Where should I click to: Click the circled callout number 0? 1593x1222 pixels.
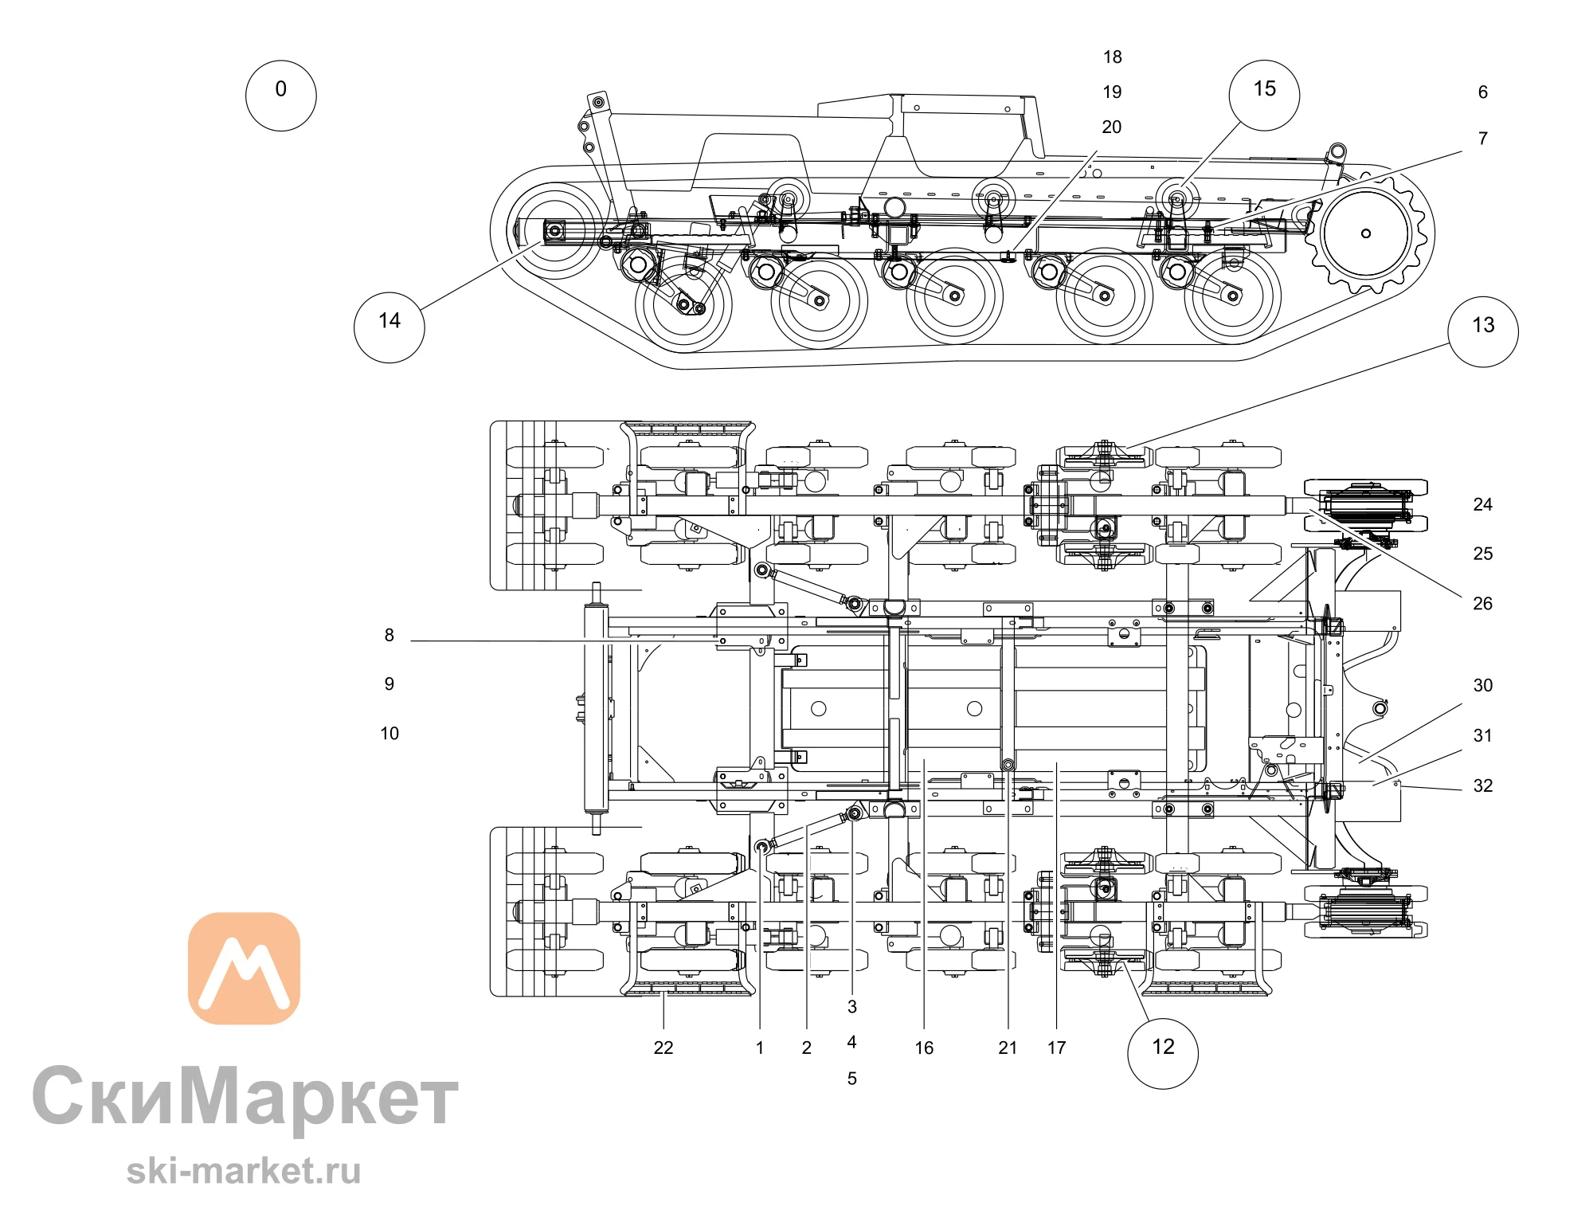(x=280, y=96)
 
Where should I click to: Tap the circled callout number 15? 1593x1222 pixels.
(x=1264, y=96)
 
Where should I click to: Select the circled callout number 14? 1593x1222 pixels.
(x=389, y=327)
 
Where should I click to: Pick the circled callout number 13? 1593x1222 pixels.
(x=1482, y=332)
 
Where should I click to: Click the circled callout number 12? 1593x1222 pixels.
(x=1163, y=1053)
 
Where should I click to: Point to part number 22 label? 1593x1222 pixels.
(x=663, y=1048)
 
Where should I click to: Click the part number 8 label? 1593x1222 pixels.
(x=389, y=635)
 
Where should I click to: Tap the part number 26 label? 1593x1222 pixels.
(x=1482, y=603)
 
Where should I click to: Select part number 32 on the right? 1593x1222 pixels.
(x=1482, y=785)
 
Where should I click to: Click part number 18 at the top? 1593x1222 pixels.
(x=1112, y=57)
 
